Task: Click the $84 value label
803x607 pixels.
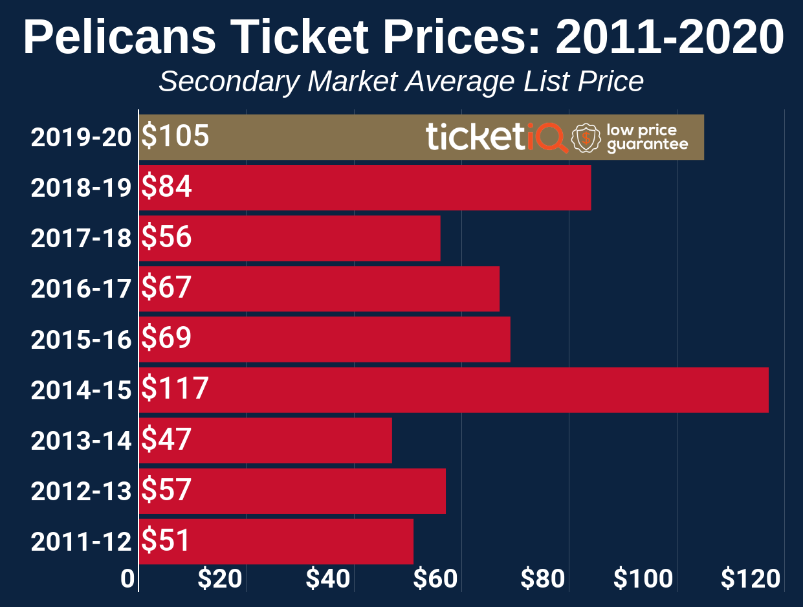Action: (x=167, y=187)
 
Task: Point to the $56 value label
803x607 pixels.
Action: (x=167, y=237)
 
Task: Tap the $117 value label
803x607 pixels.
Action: (x=175, y=389)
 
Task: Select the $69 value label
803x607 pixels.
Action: (x=167, y=338)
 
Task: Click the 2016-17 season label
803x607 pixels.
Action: (x=81, y=289)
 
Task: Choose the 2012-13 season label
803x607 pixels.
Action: (x=81, y=491)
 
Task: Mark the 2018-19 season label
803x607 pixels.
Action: (x=81, y=188)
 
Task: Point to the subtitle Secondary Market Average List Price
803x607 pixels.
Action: (x=401, y=82)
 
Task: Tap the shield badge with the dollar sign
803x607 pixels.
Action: (x=586, y=138)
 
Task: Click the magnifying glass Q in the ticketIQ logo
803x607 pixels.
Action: (x=552, y=137)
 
